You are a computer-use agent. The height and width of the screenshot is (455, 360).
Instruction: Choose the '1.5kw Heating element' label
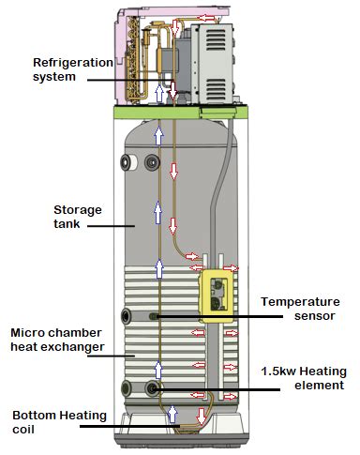coord(301,377)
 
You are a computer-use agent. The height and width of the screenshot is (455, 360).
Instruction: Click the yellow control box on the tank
coord(218,295)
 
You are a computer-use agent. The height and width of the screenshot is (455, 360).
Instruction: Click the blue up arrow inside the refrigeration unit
coord(162,93)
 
